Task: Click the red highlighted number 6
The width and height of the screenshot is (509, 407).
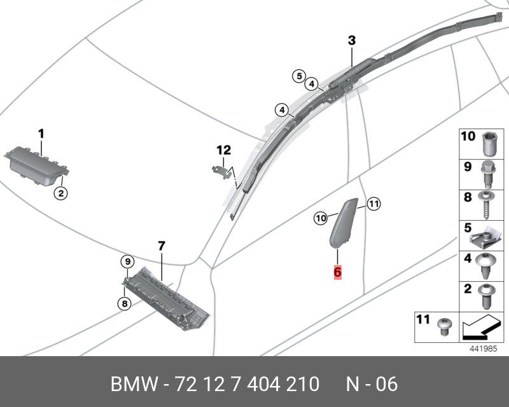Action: pos(338,272)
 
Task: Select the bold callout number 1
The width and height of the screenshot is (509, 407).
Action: pos(41,134)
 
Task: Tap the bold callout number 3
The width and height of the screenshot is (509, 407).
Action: pos(352,41)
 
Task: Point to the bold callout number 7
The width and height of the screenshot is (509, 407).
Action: pos(162,245)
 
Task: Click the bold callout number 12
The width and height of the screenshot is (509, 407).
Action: pos(224,150)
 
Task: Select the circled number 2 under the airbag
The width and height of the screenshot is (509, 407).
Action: pos(60,194)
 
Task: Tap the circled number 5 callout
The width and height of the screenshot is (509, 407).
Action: pos(299,76)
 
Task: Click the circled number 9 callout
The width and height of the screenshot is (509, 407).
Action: pos(128,261)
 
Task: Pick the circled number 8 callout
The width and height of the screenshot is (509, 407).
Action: pos(125,304)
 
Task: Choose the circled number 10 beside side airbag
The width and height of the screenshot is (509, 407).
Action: pos(321,218)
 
